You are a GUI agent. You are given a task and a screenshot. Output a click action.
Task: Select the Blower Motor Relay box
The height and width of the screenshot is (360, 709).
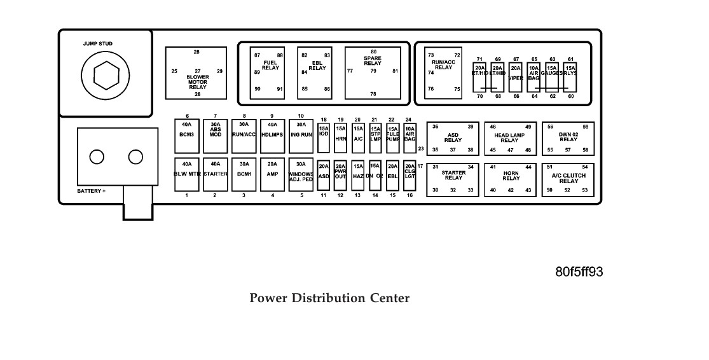coord(196,73)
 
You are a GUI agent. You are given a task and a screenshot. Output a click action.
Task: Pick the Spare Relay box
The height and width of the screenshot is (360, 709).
coord(373,73)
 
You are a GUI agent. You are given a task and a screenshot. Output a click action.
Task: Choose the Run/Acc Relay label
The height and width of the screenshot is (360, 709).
coord(444,64)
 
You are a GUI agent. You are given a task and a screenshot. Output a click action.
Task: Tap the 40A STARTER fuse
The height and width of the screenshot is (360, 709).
coord(215,174)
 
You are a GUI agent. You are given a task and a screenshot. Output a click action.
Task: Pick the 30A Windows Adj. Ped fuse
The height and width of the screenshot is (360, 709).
coord(301,174)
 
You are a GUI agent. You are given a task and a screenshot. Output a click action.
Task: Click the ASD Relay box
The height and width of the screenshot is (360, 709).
coord(452,139)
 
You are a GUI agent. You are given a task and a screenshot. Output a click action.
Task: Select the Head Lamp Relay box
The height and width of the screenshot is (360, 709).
coord(509,139)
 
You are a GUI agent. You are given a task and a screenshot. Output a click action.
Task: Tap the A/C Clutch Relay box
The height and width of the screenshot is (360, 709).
coord(567,179)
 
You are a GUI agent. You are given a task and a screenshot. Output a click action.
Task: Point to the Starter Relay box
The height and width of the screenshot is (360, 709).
coord(452,179)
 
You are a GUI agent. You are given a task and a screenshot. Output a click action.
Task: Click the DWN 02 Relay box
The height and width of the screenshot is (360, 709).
coord(567,139)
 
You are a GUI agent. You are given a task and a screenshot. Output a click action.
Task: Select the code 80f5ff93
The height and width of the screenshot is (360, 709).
coord(579,272)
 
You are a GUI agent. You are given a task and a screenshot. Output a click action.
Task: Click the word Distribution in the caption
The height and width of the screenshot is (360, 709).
coord(329,298)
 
